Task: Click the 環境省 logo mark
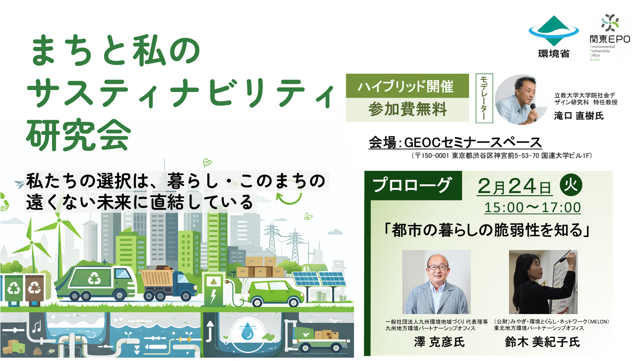click(x=554, y=31)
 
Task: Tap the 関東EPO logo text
click(x=610, y=39)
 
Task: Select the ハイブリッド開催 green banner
click(x=407, y=86)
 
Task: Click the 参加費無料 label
click(x=407, y=109)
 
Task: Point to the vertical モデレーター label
click(x=484, y=98)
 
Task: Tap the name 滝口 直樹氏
click(x=579, y=116)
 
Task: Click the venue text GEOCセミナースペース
click(x=473, y=142)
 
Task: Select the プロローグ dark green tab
click(x=413, y=185)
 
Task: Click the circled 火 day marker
click(x=571, y=185)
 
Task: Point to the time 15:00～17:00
click(x=533, y=207)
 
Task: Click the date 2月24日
click(x=514, y=186)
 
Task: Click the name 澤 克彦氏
click(x=439, y=342)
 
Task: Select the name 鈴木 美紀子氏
click(x=542, y=342)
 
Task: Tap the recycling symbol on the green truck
click(x=94, y=278)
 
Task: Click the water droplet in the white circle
click(x=247, y=332)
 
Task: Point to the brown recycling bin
click(x=35, y=289)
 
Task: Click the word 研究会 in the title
click(x=79, y=135)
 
